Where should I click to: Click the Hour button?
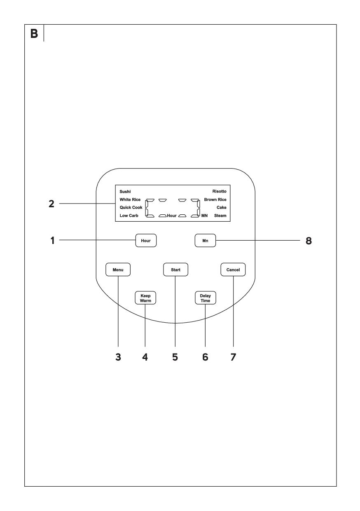pos(146,240)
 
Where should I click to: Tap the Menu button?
pos(118,270)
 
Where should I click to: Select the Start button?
pos(175,270)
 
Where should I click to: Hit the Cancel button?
pos(233,270)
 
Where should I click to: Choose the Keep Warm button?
pos(145,298)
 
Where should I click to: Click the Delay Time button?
pos(206,298)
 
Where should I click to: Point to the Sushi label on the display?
pos(125,192)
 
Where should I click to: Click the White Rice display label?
pos(130,199)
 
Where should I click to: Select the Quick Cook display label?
pos(131,207)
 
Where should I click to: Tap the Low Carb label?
pos(129,216)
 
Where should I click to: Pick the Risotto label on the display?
pos(219,191)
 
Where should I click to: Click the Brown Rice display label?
pos(215,199)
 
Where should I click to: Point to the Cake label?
pos(221,207)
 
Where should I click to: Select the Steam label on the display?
pos(220,216)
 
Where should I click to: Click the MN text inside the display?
pos(205,216)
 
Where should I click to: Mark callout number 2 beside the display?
pos(51,204)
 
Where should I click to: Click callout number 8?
pos(309,241)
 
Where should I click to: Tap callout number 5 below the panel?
pos(175,357)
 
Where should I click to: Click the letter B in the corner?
pos(34,33)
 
